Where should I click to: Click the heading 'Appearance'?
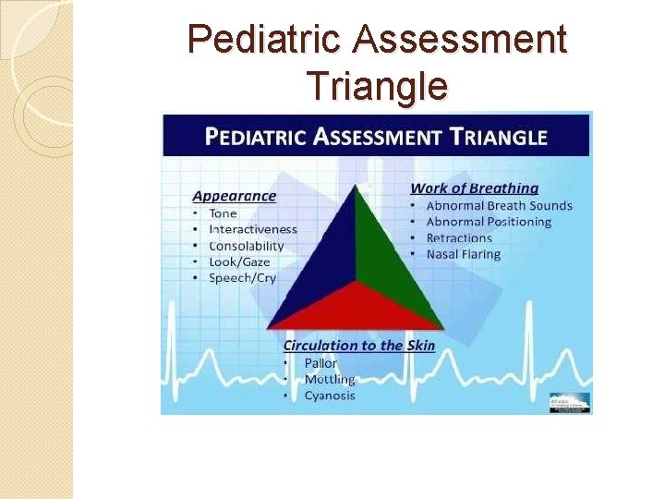(x=234, y=196)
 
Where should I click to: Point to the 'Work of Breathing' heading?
(x=475, y=189)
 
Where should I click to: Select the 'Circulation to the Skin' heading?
(x=358, y=346)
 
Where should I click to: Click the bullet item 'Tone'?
(x=223, y=213)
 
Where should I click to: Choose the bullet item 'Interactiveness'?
(x=253, y=229)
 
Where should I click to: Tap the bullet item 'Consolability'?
(x=246, y=246)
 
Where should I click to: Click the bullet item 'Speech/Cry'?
(x=242, y=277)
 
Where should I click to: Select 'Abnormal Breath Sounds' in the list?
(x=499, y=206)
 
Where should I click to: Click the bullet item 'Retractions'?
(x=459, y=238)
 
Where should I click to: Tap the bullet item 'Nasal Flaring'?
(x=463, y=254)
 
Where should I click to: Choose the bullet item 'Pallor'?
(x=320, y=363)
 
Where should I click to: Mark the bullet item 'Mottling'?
(x=329, y=380)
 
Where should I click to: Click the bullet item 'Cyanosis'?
(x=330, y=396)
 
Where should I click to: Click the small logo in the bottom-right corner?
(x=570, y=403)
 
